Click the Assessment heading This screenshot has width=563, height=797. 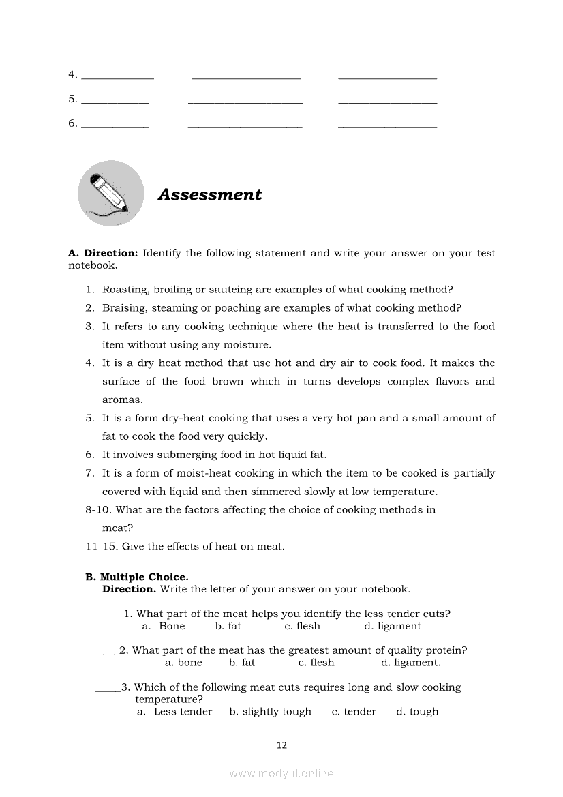(210, 195)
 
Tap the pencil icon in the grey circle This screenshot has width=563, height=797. (111, 192)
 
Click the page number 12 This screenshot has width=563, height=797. (281, 745)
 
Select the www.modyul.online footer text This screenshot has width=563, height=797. (281, 773)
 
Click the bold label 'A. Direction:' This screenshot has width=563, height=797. (103, 253)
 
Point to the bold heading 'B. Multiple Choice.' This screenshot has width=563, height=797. (136, 577)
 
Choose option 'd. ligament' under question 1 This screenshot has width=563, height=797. (393, 626)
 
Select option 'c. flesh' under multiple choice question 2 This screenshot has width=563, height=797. (316, 662)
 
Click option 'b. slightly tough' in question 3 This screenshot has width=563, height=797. (270, 711)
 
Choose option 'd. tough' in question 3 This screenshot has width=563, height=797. (417, 711)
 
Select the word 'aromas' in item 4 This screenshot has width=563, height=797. (122, 400)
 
